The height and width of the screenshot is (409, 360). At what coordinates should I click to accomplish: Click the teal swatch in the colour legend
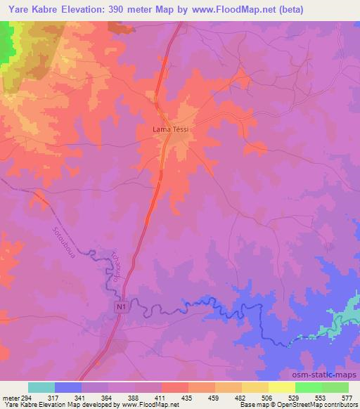[x=42, y=387]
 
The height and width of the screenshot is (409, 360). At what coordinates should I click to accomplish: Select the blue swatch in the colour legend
[x=69, y=387]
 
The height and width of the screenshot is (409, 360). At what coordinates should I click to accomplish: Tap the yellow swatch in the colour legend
[x=282, y=387]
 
